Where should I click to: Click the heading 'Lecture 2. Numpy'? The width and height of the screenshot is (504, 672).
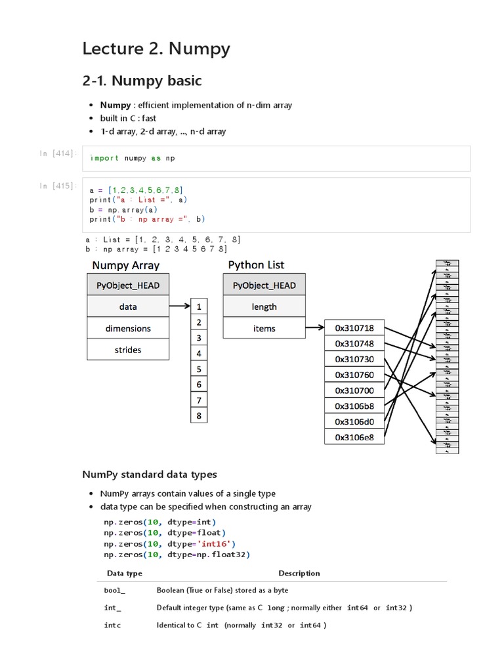point(156,49)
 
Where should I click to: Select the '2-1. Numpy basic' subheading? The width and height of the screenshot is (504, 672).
point(142,81)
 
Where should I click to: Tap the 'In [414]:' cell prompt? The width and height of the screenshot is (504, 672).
point(58,154)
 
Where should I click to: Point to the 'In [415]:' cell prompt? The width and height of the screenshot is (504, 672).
point(58,186)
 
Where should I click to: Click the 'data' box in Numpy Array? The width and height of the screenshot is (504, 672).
point(128,306)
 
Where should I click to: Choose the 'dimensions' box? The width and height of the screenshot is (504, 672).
point(128,328)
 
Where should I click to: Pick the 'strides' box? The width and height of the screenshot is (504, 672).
point(128,350)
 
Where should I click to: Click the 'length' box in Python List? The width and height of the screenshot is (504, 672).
point(264,306)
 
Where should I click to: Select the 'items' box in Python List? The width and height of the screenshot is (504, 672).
point(264,328)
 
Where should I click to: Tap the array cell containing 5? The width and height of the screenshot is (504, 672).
point(199,369)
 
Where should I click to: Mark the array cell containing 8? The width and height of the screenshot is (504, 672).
point(199,415)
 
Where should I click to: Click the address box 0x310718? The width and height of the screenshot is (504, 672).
point(354,327)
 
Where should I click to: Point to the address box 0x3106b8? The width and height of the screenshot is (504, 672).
point(354,406)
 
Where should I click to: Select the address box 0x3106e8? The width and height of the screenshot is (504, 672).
point(354,437)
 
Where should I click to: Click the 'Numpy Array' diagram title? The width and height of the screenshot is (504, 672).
point(125,266)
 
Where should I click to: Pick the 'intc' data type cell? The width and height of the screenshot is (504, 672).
point(112,625)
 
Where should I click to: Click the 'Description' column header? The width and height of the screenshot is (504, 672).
point(299,573)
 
